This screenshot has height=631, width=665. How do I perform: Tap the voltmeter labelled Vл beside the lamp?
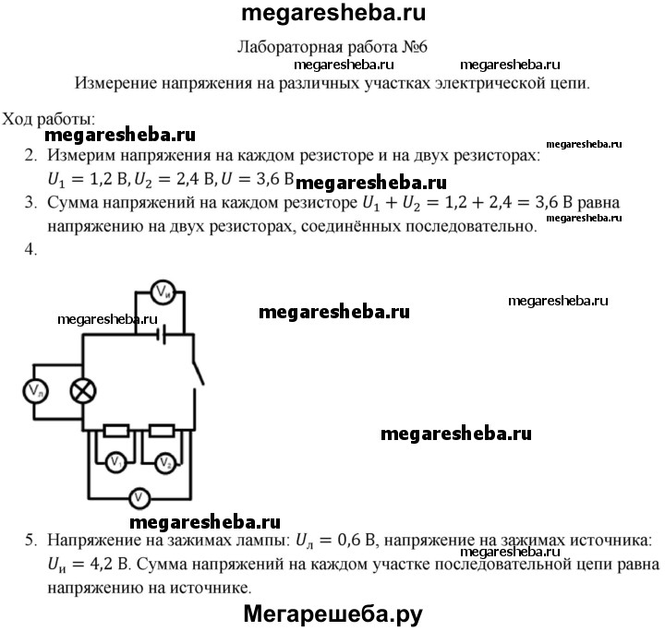(x=35, y=391)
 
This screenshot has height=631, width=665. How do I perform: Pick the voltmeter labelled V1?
(x=115, y=461)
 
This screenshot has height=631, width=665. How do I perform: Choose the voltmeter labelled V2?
(x=164, y=461)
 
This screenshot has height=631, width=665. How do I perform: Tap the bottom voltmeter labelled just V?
(x=139, y=497)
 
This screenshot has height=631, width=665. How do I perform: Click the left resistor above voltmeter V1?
(x=115, y=430)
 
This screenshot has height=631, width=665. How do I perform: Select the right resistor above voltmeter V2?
(x=163, y=430)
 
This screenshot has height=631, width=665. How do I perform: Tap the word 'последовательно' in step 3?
(x=469, y=226)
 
